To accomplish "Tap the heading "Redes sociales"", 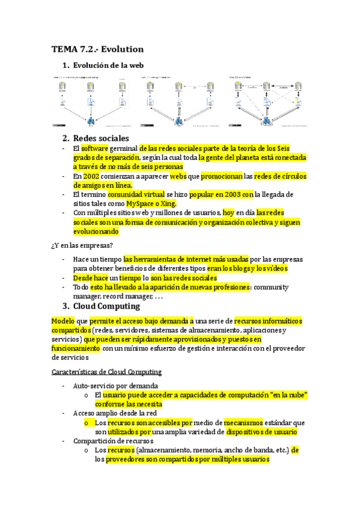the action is coord(100,138).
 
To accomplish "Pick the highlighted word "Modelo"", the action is coord(63,321).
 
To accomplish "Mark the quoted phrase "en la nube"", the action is coord(285,395).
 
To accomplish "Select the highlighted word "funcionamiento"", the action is coord(76,348).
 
